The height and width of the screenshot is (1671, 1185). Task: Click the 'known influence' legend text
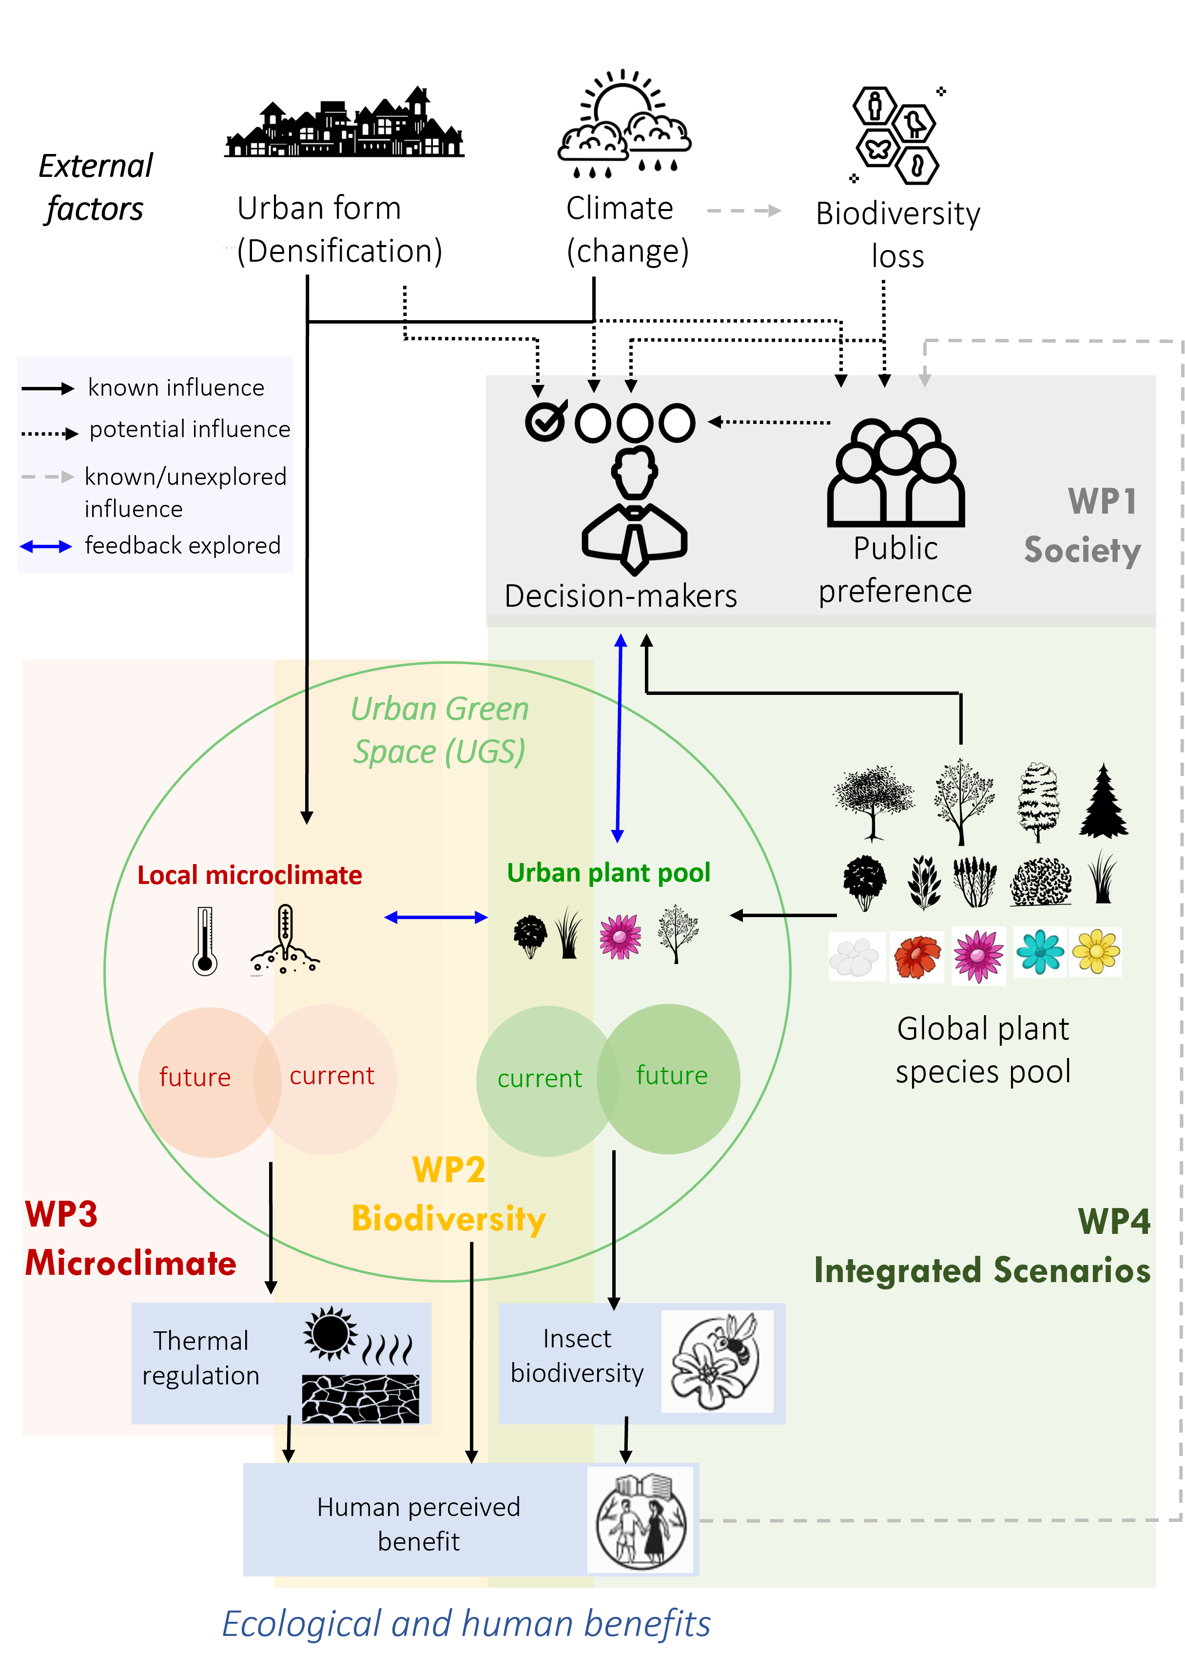pos(176,387)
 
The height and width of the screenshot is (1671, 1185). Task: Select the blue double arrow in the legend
pos(46,546)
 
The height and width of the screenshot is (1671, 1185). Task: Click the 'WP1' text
pos(1102,502)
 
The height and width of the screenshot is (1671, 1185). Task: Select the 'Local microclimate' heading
pos(250,875)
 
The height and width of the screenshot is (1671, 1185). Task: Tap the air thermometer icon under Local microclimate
pos(205,941)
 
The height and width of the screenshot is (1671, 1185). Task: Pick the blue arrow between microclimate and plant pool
pos(436,918)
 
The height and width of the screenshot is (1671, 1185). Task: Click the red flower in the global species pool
pos(916,956)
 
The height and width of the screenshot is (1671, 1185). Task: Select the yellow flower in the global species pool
pos(1095,953)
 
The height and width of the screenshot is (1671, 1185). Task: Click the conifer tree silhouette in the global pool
pos(1103,801)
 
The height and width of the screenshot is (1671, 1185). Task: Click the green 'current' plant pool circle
pos(540,1079)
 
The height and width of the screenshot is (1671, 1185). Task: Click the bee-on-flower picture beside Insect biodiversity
pos(717,1361)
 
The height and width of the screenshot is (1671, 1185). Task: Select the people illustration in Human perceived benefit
pos(640,1519)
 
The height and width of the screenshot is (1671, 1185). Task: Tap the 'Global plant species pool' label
pos(982,1050)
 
